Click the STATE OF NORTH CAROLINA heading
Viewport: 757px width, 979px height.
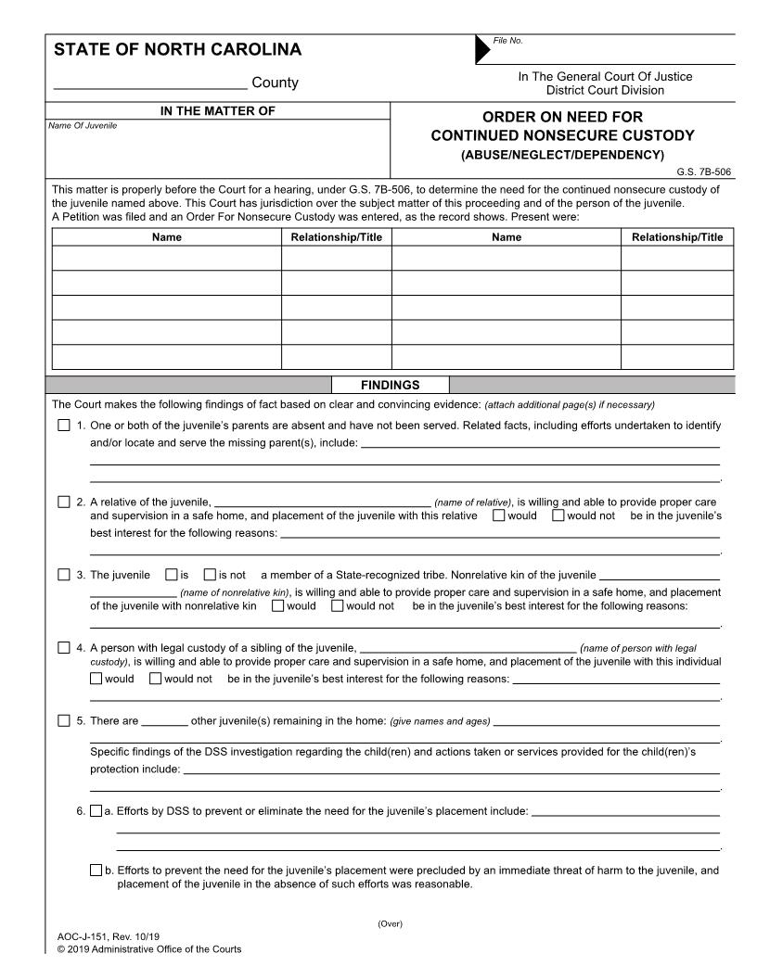point(177,50)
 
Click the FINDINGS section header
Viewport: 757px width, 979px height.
point(390,385)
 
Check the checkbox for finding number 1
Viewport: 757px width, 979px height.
point(64,426)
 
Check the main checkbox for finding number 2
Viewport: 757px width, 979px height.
point(64,502)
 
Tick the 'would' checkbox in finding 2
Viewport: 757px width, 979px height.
point(499,515)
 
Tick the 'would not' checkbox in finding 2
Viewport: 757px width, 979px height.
point(558,515)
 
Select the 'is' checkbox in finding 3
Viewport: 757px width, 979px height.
point(171,575)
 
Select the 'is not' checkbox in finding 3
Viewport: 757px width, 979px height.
point(210,575)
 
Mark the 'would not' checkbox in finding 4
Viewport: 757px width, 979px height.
point(156,679)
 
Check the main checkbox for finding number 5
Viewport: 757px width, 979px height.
point(64,720)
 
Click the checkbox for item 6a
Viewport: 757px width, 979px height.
point(96,811)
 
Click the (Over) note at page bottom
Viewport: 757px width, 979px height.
point(390,923)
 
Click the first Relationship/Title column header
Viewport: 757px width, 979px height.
point(336,237)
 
